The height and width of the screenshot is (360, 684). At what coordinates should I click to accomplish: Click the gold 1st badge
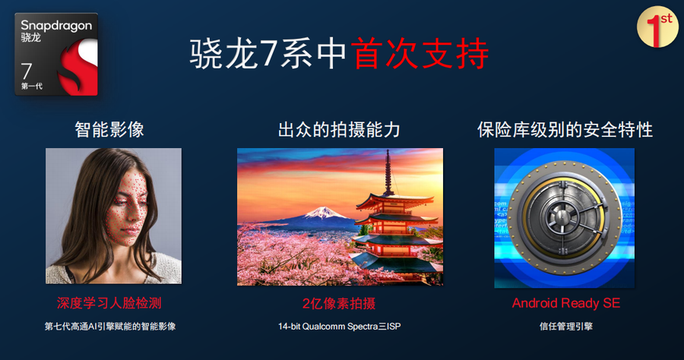[x=657, y=27]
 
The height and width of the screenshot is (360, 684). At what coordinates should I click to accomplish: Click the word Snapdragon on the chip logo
[x=57, y=26]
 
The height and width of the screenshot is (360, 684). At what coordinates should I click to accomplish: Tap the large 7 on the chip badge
[x=27, y=71]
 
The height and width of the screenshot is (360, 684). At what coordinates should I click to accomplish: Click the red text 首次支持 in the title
[x=420, y=54]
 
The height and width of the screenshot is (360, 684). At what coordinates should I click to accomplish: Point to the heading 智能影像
[x=109, y=129]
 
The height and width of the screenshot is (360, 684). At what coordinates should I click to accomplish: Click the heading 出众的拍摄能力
[x=339, y=129]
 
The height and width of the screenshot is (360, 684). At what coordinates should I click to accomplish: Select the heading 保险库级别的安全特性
[x=565, y=129]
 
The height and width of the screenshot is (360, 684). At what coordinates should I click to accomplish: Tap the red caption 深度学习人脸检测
[x=109, y=303]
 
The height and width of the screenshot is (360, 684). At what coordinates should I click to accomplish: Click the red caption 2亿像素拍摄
[x=339, y=303]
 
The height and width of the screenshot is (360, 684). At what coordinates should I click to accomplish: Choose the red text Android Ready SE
[x=565, y=303]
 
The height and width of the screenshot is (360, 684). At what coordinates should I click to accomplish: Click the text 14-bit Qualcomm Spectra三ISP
[x=340, y=327]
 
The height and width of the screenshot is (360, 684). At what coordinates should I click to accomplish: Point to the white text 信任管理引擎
[x=565, y=327]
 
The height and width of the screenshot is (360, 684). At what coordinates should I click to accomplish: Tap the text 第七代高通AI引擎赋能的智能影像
[x=110, y=327]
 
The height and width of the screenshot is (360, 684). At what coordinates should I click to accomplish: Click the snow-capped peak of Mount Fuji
[x=322, y=212]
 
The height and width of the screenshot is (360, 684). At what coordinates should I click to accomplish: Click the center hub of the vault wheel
[x=562, y=216]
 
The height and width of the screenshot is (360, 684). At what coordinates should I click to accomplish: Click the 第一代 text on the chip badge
[x=32, y=87]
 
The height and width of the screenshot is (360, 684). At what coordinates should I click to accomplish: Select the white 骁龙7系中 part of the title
[x=269, y=54]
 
